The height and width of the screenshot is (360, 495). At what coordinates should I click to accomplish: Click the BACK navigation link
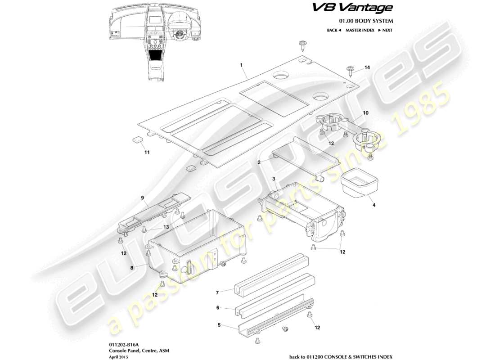(334, 30)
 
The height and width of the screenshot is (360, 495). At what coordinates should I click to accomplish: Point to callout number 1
(242, 65)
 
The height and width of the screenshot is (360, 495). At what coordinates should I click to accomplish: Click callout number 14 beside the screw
(367, 67)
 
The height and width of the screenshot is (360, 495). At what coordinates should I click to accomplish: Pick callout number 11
(146, 152)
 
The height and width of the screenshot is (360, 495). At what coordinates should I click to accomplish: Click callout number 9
(142, 197)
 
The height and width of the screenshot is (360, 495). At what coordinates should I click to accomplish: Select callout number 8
(131, 267)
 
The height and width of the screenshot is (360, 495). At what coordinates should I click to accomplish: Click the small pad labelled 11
(138, 139)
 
